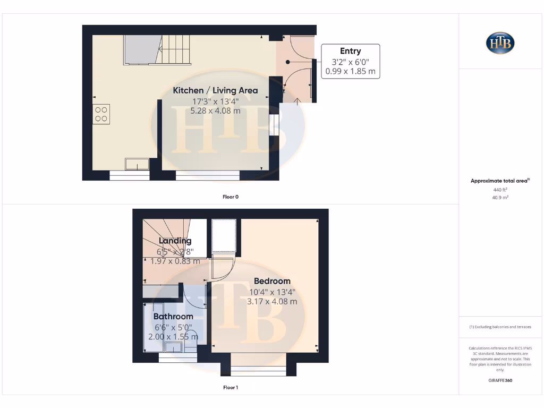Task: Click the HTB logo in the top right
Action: coord(500,43)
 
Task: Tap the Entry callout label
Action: coord(350,51)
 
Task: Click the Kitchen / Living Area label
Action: coord(215,90)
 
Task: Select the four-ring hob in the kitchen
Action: coord(101,114)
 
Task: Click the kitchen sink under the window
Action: coord(137,164)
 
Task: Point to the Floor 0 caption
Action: coord(231,197)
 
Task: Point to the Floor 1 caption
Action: coord(231,387)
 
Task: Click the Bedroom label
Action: coord(272,281)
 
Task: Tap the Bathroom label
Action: coord(173,317)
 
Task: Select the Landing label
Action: coord(175,241)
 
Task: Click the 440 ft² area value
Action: coord(500,189)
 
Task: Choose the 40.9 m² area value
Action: coord(500,197)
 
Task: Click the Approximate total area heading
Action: coord(500,181)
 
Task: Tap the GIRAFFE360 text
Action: coord(500,380)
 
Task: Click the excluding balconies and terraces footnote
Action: coord(500,327)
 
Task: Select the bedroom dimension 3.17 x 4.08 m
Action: coord(272,301)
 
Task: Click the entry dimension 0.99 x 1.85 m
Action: coord(350,71)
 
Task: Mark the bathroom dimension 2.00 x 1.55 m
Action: coord(173,337)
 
